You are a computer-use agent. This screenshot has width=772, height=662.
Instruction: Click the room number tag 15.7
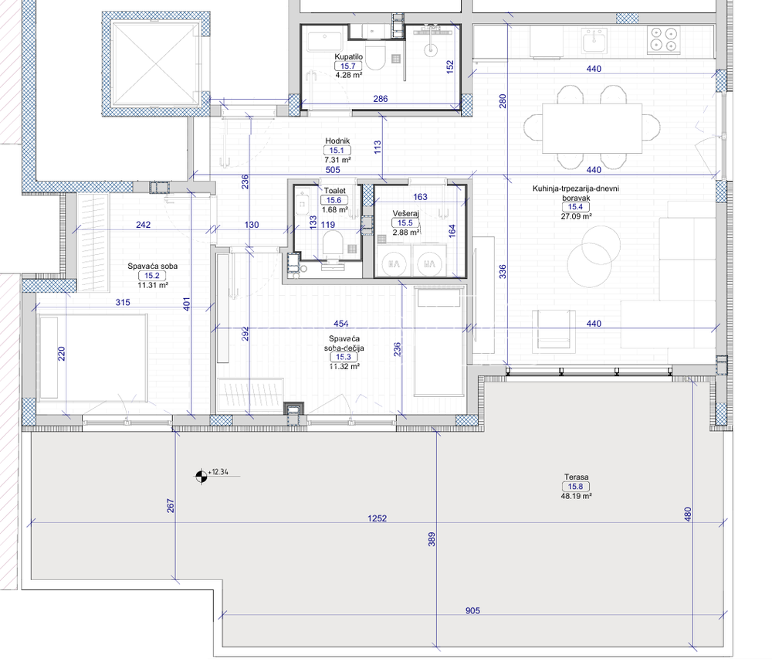[x=348, y=66]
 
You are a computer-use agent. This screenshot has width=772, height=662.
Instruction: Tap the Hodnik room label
[x=337, y=141]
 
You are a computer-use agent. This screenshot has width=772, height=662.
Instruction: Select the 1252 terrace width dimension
[x=378, y=518]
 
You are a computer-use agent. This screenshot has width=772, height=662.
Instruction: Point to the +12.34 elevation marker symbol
[x=201, y=476]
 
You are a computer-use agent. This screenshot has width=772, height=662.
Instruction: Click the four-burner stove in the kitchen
[x=663, y=40]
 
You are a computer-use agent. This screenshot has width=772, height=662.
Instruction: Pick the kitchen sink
[x=594, y=40]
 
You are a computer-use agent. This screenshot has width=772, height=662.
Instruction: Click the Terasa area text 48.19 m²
[x=576, y=496]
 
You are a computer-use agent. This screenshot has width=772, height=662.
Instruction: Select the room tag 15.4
[x=575, y=207]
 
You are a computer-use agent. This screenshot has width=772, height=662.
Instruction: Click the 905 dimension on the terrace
[x=472, y=610]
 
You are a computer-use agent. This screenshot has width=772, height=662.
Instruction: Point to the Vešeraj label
[x=406, y=213]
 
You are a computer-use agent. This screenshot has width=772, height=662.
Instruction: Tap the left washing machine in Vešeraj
[x=394, y=264]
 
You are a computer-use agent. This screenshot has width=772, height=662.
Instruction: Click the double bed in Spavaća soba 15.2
[x=92, y=358]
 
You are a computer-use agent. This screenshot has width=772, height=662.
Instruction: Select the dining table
[x=592, y=128]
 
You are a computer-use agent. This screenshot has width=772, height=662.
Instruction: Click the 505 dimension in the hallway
[x=333, y=169]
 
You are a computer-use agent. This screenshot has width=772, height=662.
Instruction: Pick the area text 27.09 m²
[x=576, y=216]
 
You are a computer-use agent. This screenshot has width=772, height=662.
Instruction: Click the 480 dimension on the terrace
[x=688, y=514]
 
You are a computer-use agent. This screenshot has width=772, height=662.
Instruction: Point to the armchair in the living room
[x=554, y=331]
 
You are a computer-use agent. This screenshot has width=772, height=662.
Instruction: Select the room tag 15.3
[x=344, y=357]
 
